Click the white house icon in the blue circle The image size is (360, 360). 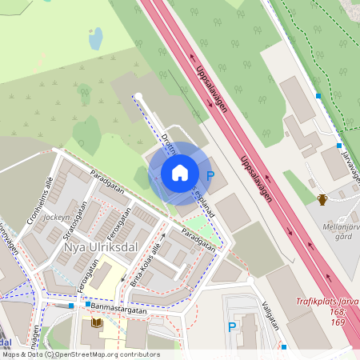180,173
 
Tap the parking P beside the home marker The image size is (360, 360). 210,175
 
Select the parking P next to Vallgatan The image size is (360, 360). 232,326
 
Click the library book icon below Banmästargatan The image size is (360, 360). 97,322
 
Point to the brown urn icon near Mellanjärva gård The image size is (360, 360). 322,199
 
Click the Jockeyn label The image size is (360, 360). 57,217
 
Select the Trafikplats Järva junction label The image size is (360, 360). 327,301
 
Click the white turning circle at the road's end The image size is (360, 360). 138,97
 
